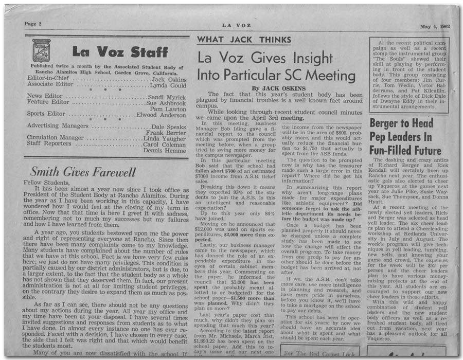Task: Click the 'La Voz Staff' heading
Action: point(120,52)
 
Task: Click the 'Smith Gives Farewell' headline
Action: point(82,172)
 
